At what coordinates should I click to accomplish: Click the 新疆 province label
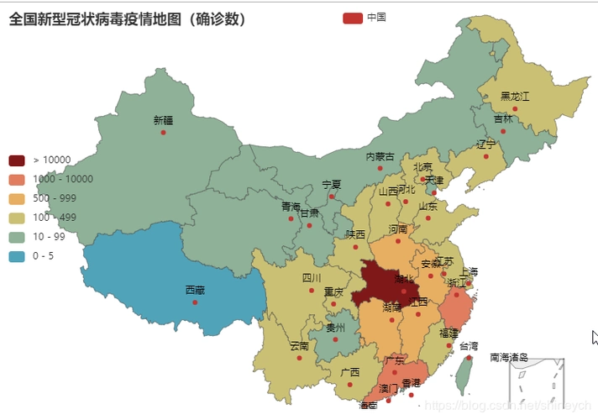163,120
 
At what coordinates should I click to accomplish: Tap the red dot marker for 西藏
195,302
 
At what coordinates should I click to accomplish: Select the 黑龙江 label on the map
515,96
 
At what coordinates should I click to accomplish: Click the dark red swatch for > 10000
17,160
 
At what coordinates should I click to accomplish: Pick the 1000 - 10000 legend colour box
17,179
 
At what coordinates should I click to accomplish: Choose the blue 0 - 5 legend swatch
17,255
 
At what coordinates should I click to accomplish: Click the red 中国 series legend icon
353,18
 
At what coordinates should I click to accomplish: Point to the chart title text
127,18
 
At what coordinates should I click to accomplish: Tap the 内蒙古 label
380,156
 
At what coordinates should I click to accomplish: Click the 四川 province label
312,278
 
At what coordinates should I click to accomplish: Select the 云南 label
299,346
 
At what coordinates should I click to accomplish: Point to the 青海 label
291,207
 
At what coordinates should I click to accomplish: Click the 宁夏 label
332,184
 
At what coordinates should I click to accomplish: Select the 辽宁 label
486,144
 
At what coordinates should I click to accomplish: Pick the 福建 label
448,333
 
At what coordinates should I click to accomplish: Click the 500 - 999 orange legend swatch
17,198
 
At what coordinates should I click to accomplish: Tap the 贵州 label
335,328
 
